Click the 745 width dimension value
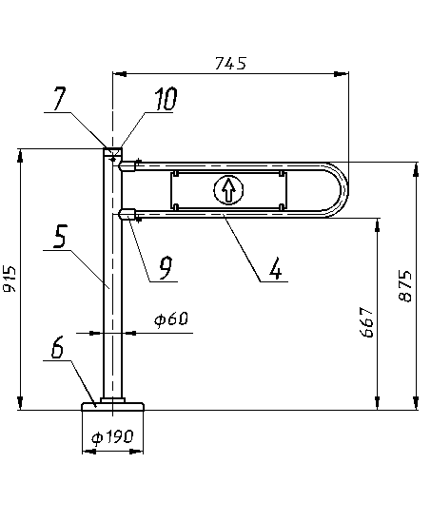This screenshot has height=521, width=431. (231, 63)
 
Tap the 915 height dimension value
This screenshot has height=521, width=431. (10, 279)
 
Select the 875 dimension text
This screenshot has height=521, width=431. (405, 286)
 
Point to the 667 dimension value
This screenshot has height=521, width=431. (368, 322)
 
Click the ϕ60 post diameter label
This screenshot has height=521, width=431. (171, 319)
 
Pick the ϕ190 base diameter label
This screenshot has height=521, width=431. (112, 437)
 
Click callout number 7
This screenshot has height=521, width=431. (59, 98)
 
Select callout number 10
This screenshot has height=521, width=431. (166, 99)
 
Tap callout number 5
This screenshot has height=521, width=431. (60, 236)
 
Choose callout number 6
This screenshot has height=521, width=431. (57, 348)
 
